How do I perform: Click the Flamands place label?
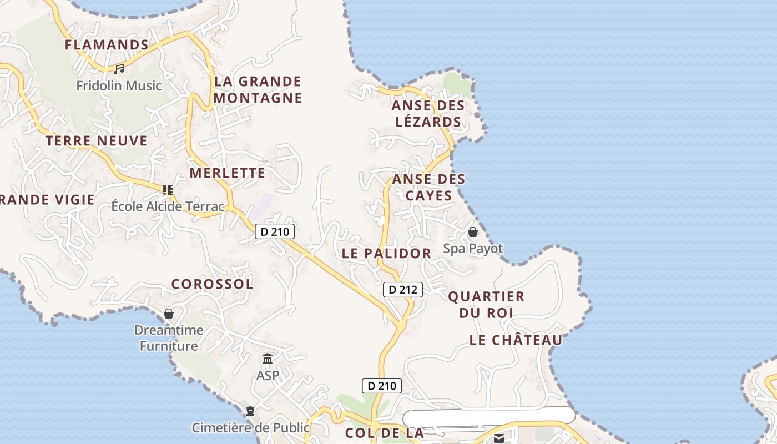(107, 44)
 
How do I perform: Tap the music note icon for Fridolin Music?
(119, 69)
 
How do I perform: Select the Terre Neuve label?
(97, 141)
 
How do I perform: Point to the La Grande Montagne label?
(258, 90)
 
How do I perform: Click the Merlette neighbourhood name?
(228, 173)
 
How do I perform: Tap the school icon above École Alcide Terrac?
(168, 190)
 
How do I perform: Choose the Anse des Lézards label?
(427, 114)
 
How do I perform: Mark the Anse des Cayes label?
(428, 188)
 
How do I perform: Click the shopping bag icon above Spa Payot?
(473, 232)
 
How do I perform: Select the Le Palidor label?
(386, 254)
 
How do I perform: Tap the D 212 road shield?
(403, 289)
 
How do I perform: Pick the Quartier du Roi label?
(486, 305)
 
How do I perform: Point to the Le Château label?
(516, 340)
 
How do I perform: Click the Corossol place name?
(212, 284)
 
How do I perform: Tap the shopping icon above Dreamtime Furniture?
(169, 314)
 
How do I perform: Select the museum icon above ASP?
(268, 359)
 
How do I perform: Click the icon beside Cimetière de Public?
(250, 412)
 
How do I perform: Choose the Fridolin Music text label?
(119, 86)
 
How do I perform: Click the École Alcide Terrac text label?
(168, 207)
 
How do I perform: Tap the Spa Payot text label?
(473, 249)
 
